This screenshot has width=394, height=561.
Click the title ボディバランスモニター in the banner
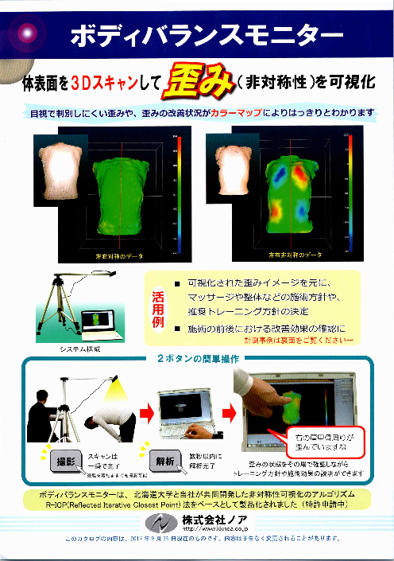click(x=207, y=35)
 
